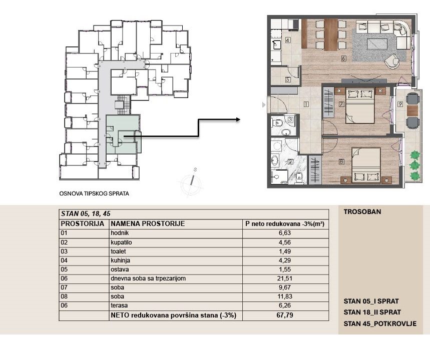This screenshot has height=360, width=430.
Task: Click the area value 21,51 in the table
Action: coord(285,278)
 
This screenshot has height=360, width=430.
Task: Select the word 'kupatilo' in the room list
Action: coord(121,242)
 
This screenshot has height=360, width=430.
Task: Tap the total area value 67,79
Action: coord(285,315)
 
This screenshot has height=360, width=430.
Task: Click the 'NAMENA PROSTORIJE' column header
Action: coord(148,224)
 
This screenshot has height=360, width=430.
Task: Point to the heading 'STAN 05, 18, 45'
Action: coord(86,213)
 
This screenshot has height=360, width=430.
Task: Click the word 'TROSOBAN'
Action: coord(362,212)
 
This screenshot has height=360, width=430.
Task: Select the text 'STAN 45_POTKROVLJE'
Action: coord(380,324)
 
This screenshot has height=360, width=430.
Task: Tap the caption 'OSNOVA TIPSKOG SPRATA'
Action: coord(94,193)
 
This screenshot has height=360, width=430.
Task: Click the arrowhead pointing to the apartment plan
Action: coord(237,119)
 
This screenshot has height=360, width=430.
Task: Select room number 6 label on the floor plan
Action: coord(343,58)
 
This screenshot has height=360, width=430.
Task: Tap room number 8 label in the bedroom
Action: coord(341,161)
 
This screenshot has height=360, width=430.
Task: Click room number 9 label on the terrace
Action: coord(400,104)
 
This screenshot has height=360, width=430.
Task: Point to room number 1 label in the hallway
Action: coord(306,104)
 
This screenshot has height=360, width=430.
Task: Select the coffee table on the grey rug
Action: coord(377,44)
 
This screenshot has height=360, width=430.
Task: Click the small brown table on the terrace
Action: coord(412,110)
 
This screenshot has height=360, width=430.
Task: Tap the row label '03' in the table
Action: coord(64,251)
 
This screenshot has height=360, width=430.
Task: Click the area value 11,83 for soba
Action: coord(285,296)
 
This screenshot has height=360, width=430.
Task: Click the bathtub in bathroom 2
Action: coord(275,161)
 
